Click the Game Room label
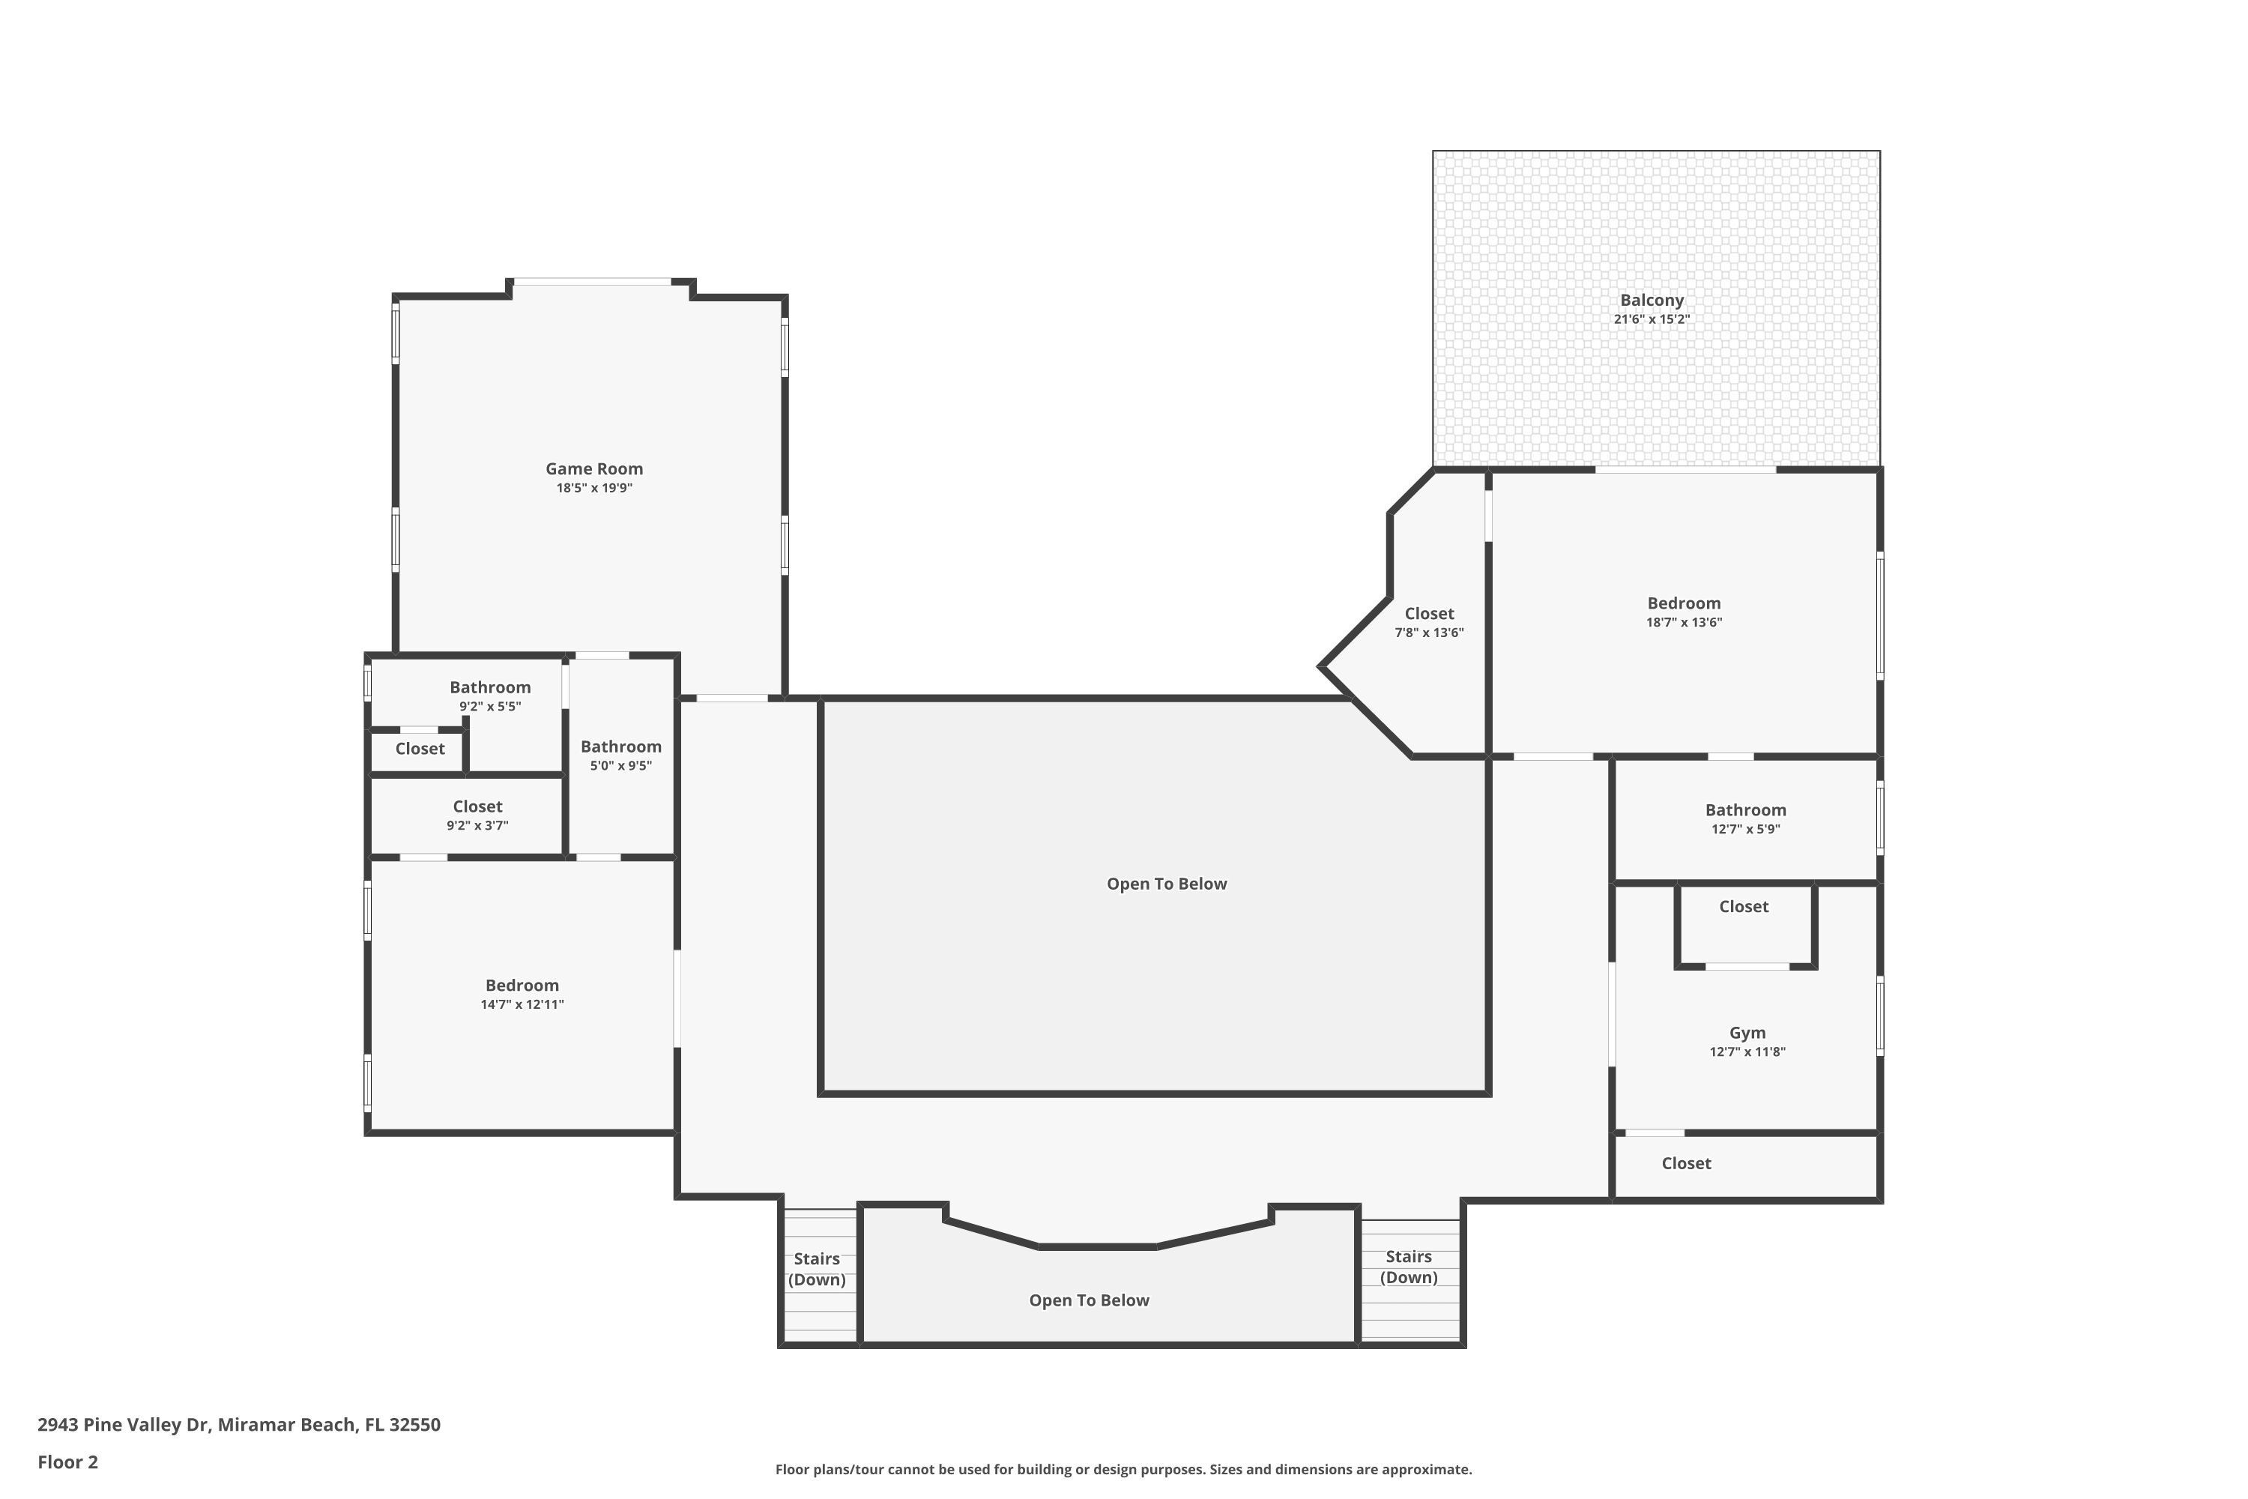[593, 468]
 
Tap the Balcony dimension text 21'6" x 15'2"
[1652, 319]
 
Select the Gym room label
[1747, 1033]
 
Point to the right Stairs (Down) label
[1408, 1267]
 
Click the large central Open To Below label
[1166, 884]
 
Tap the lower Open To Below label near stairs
[1089, 1300]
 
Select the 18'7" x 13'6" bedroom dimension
[1683, 622]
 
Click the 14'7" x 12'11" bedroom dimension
[522, 1005]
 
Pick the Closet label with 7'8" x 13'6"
[1429, 614]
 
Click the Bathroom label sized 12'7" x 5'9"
[1745, 809]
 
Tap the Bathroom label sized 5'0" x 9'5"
[620, 747]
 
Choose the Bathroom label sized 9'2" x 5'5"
[490, 687]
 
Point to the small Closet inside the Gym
[1744, 906]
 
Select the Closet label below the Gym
[1686, 1163]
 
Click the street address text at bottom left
[239, 1425]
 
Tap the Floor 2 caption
[68, 1462]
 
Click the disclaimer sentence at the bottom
[1123, 1469]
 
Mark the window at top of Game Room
[593, 281]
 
